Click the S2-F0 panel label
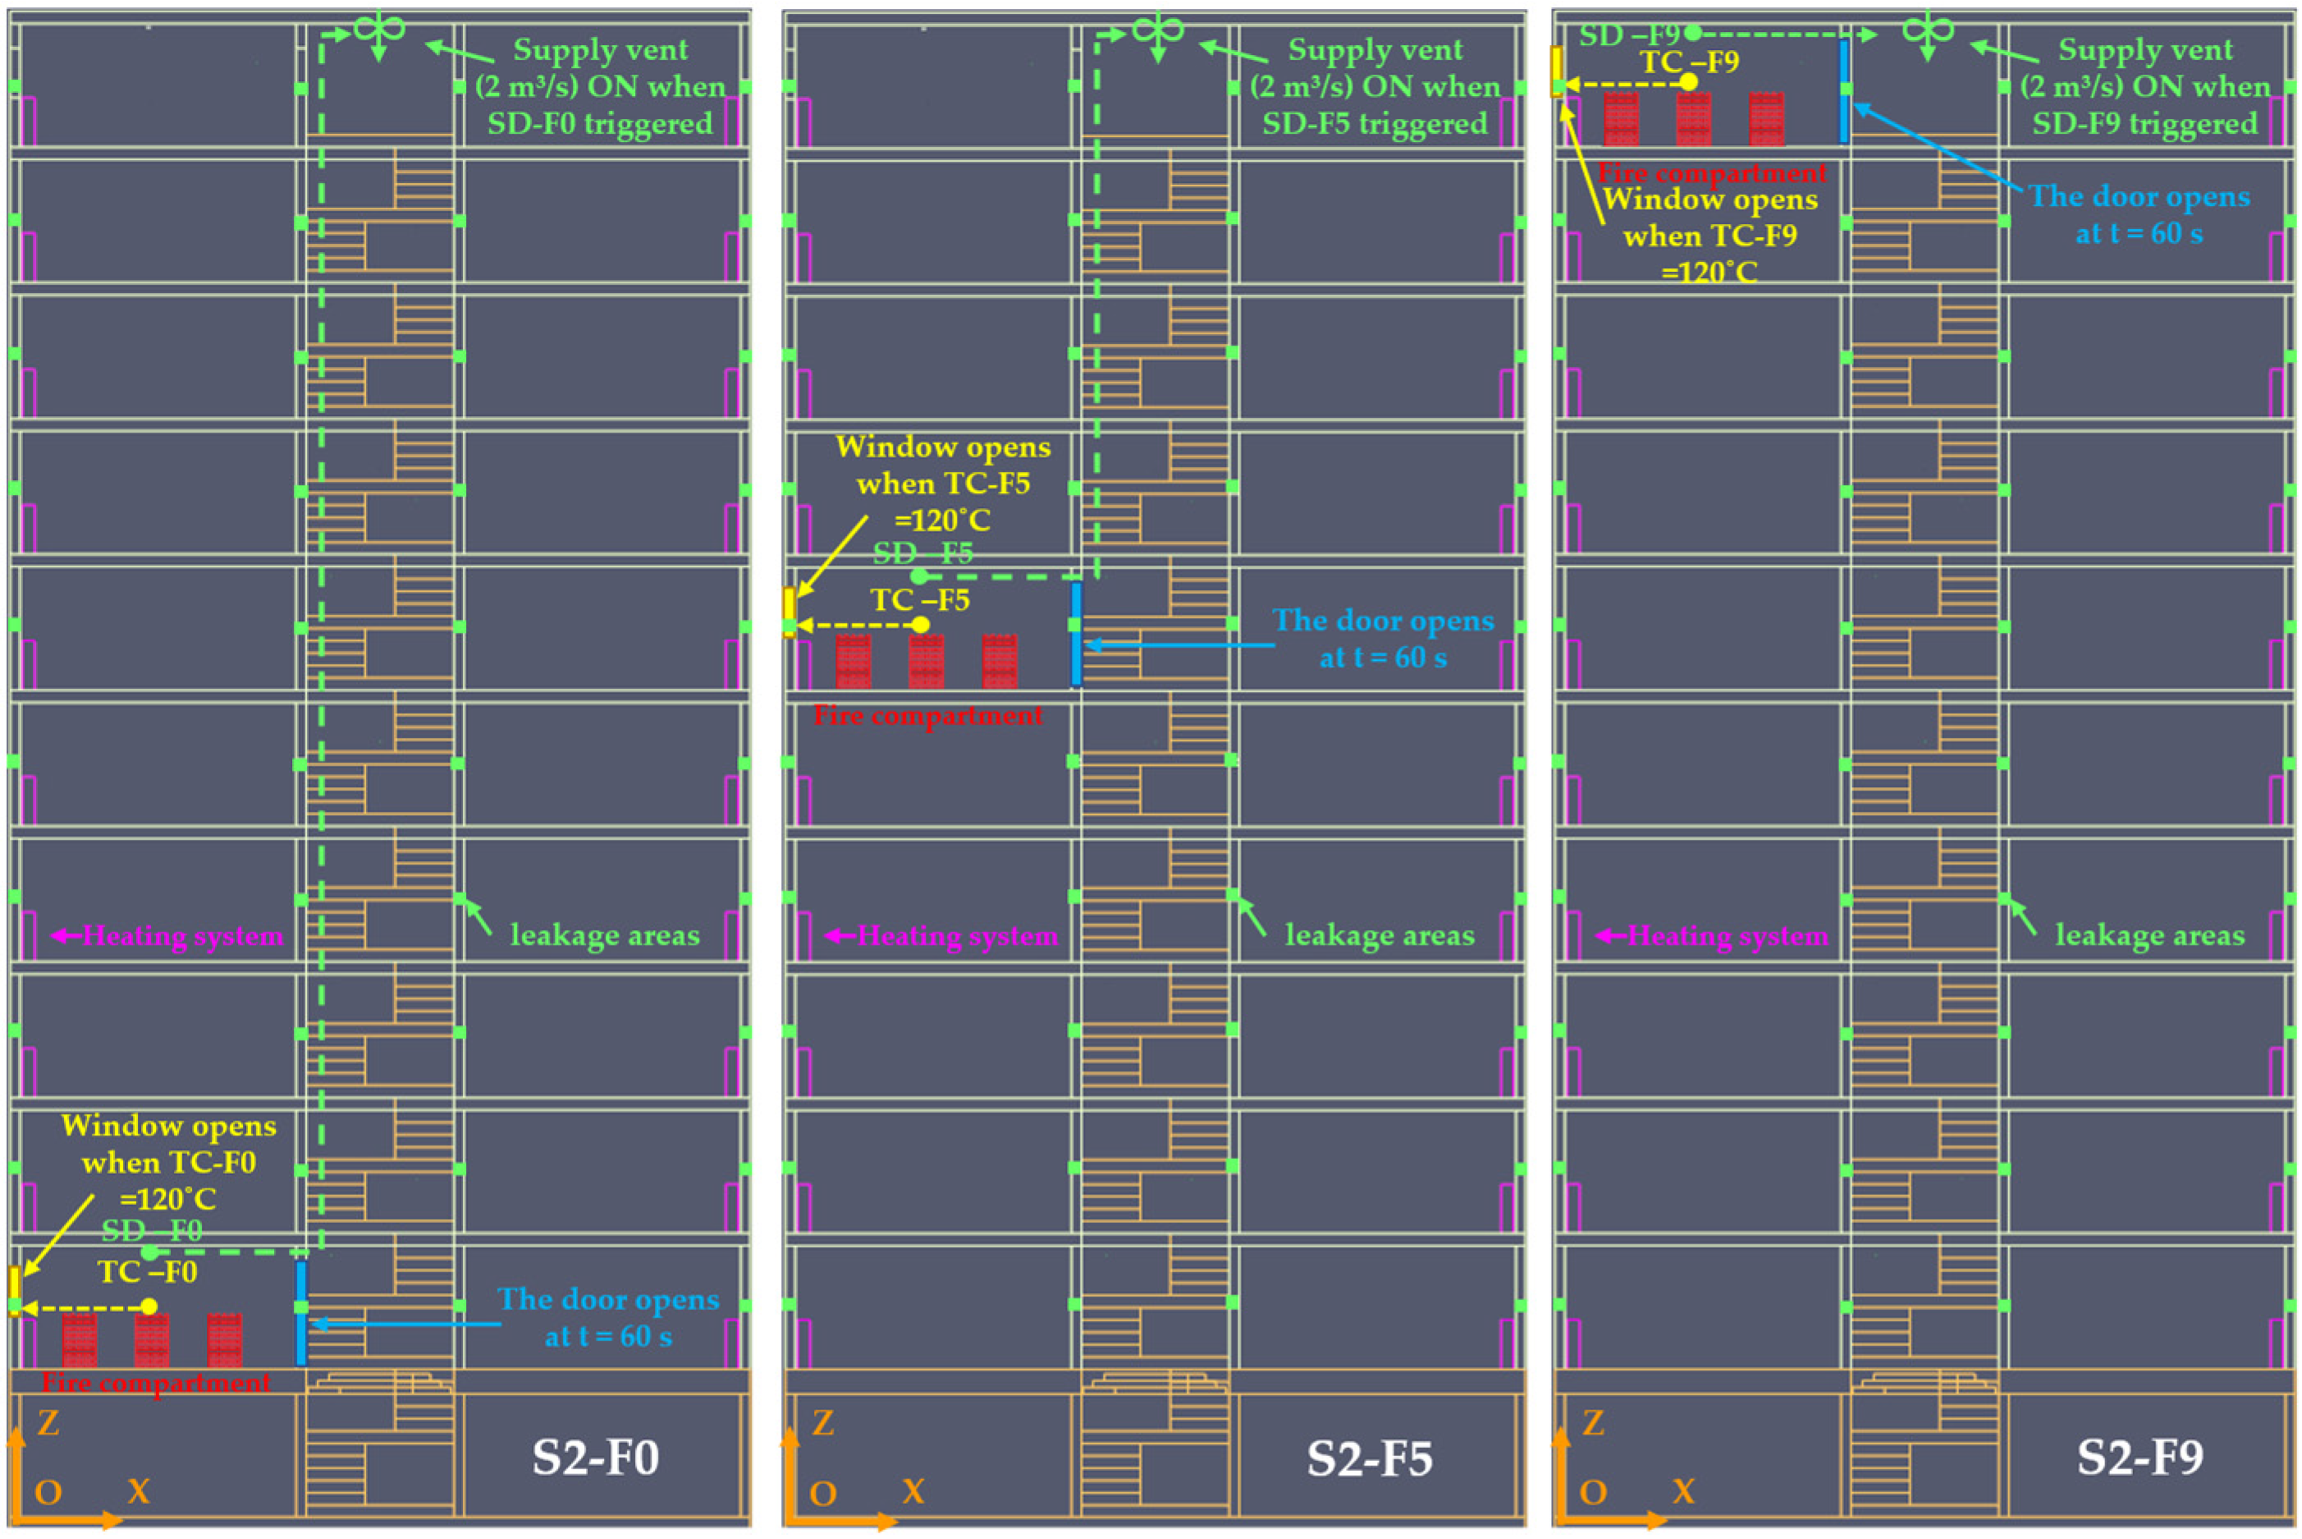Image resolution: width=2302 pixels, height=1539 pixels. (x=595, y=1459)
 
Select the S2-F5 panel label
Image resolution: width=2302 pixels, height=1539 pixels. (x=1369, y=1459)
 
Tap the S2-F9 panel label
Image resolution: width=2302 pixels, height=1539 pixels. (x=2140, y=1459)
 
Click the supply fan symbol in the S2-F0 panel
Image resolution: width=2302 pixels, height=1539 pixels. (x=379, y=30)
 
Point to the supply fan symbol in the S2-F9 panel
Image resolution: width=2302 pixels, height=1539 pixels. (x=1927, y=30)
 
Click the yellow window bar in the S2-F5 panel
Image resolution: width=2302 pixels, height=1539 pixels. (x=789, y=611)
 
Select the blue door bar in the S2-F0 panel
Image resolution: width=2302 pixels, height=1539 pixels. (x=301, y=1312)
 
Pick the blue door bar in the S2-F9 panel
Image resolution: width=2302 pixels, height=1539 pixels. (x=1844, y=90)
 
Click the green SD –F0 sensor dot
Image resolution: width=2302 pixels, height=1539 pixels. (x=149, y=1253)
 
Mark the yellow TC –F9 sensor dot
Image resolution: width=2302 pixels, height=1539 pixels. (x=1689, y=82)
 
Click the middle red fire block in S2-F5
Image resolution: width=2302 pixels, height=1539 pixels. (x=927, y=661)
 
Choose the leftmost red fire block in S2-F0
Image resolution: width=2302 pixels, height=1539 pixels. (x=80, y=1340)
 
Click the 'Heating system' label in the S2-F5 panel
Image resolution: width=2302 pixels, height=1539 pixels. (x=957, y=937)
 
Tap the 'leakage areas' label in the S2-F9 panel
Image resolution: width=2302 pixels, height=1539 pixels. (x=2150, y=936)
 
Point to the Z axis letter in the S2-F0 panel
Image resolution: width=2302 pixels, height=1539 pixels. (x=48, y=1423)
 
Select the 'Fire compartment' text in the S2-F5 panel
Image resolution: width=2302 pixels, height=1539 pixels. (x=928, y=716)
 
